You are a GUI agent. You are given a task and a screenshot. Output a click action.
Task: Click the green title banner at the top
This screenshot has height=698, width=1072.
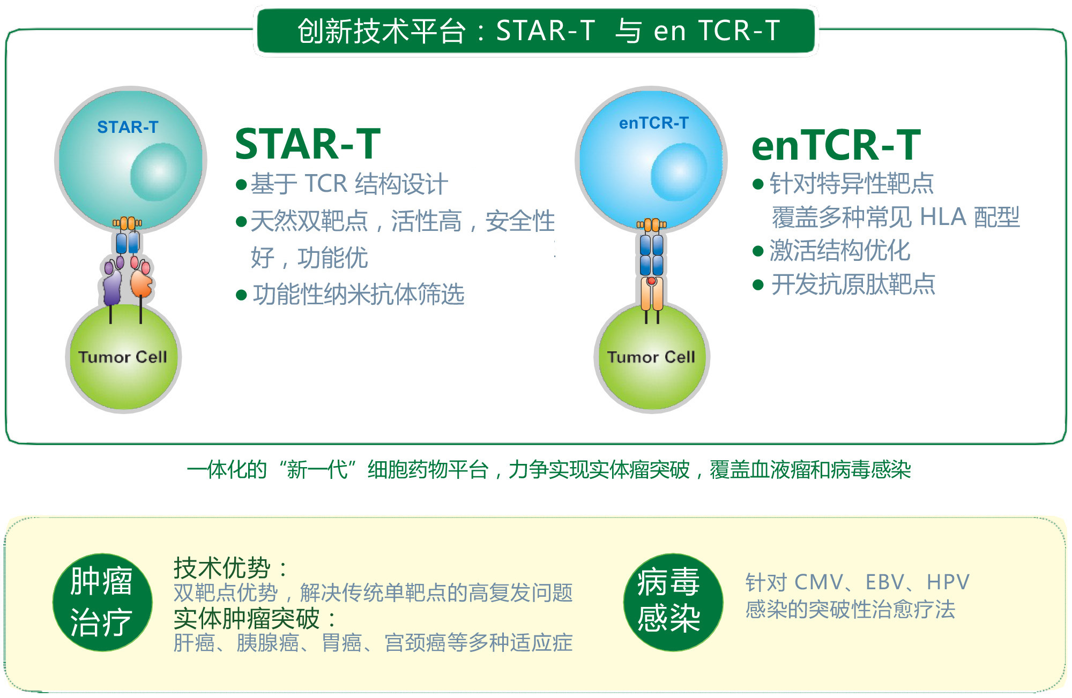536,31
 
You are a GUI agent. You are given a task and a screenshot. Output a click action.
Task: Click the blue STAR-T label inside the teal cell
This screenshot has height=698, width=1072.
128,127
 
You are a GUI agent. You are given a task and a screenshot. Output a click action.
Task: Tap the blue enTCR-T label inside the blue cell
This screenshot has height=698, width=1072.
653,123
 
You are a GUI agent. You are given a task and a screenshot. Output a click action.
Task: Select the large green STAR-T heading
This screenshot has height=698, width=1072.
308,144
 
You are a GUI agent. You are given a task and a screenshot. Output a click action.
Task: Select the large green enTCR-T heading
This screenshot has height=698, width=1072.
836,145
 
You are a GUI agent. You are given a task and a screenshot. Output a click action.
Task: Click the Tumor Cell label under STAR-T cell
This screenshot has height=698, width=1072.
123,357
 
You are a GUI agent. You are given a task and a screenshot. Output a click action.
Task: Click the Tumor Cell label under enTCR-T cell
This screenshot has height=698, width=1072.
651,357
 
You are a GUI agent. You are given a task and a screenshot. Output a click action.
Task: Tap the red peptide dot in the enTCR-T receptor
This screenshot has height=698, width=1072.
651,281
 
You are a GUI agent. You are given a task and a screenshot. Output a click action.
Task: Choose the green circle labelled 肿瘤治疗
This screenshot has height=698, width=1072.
102,602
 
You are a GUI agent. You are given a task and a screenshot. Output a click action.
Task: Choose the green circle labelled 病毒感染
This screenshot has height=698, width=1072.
673,602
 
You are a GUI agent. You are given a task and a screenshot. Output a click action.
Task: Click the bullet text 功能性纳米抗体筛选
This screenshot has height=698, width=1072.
359,295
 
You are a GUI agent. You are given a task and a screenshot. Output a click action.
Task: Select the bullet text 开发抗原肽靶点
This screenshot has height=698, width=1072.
853,284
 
